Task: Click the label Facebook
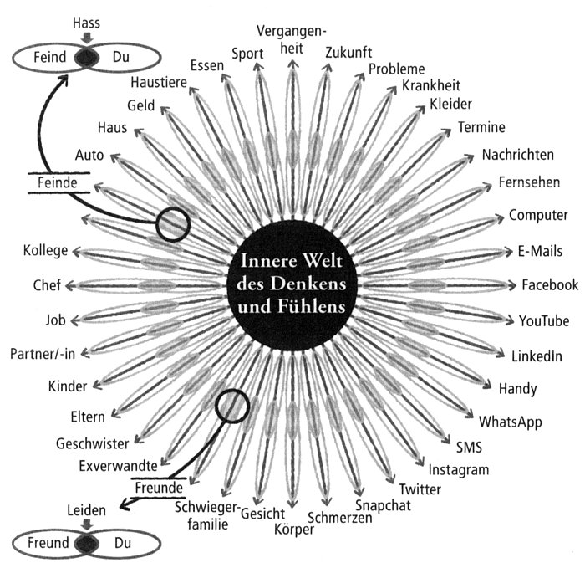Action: [550, 285]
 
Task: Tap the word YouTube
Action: [543, 321]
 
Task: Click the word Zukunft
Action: [350, 52]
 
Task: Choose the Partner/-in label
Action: [43, 354]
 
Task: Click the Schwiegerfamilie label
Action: [206, 516]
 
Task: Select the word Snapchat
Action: [383, 505]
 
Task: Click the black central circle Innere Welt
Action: [292, 284]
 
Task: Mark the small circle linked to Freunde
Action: [232, 405]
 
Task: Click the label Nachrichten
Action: [517, 156]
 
